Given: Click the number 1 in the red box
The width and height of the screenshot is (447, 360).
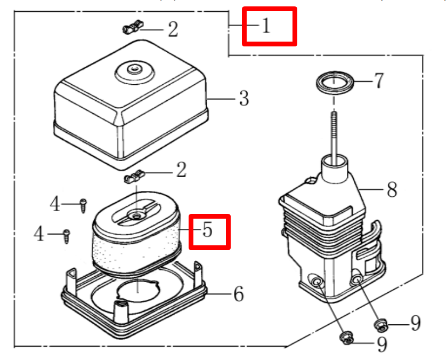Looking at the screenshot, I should tap(266, 26).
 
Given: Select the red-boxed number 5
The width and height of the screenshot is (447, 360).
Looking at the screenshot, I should tap(207, 231).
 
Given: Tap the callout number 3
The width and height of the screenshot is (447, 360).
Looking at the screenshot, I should tap(243, 99).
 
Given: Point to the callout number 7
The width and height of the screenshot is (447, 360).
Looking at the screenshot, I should tap(378, 81).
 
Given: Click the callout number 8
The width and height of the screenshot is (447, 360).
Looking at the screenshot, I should tap(392, 189).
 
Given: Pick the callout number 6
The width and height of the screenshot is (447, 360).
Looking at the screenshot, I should tap(238, 293).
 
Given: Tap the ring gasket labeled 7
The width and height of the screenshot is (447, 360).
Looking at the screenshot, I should tap(335, 84).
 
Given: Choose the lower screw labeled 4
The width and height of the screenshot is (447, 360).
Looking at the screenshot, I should tap(67, 235).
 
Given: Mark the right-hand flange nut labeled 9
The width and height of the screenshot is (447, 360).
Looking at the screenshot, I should tap(380, 324).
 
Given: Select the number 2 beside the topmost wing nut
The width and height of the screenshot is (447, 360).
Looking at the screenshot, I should tap(173, 29).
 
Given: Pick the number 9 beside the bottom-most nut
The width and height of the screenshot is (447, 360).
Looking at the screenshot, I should tap(381, 345).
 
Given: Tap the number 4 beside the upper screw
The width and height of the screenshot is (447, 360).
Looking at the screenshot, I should tap(56, 204).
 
